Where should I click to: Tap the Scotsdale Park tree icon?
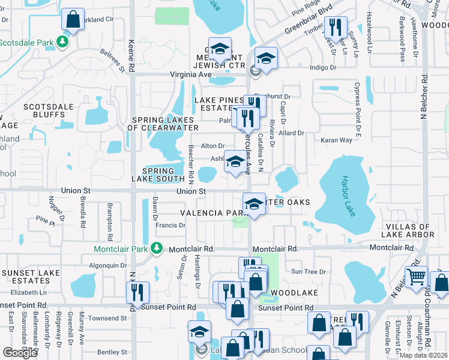point(61,42)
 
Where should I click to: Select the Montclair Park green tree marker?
point(156,247)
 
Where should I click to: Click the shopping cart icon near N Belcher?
point(415,277)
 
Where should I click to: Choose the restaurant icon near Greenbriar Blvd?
point(334,26)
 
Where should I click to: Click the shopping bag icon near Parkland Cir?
point(73,19)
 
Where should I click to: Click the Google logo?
point(20,352)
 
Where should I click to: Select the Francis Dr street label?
point(170,226)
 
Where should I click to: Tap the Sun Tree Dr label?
point(307,272)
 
